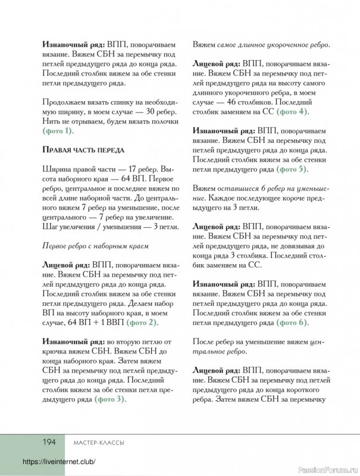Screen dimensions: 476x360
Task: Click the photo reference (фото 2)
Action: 143,322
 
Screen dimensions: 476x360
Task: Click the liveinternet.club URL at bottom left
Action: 59,462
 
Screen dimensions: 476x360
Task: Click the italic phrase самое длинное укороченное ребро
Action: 277,44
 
